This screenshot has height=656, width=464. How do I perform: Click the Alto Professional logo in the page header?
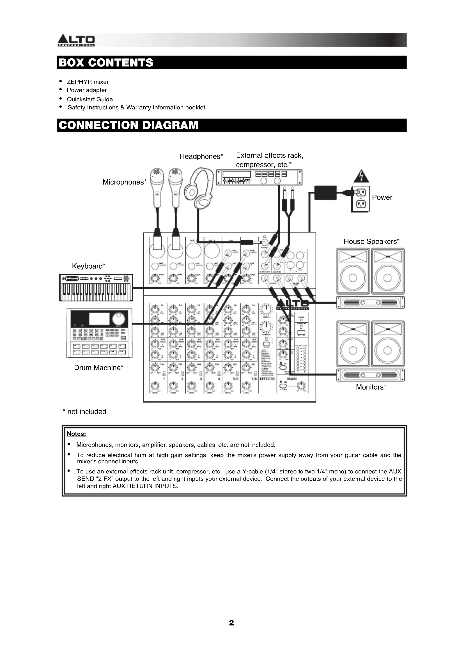(x=76, y=41)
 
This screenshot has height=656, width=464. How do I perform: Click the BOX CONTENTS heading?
(x=106, y=63)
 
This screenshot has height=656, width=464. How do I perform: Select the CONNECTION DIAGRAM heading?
(x=128, y=125)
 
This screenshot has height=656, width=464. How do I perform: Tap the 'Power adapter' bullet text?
(x=87, y=90)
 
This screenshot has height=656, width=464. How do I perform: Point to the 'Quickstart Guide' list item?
(x=90, y=99)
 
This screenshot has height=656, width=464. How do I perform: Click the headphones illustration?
(x=199, y=188)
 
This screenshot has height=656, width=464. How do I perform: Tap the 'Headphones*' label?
(x=201, y=156)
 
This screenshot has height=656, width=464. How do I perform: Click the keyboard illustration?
(x=96, y=287)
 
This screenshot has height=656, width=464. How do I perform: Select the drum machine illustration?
(x=99, y=333)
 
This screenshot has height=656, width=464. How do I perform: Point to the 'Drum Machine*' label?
(x=98, y=368)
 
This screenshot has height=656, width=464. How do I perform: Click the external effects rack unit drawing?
(x=259, y=178)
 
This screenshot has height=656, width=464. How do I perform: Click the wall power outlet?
(x=360, y=199)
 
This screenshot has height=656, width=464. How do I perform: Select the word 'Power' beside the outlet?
(x=382, y=197)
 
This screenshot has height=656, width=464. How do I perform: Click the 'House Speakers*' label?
(x=371, y=241)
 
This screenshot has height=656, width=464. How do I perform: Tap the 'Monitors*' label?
(x=371, y=387)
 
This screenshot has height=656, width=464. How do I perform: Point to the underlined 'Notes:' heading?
(x=77, y=434)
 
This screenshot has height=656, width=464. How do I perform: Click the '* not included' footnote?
(x=84, y=412)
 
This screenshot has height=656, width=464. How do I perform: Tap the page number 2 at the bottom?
(x=231, y=623)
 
